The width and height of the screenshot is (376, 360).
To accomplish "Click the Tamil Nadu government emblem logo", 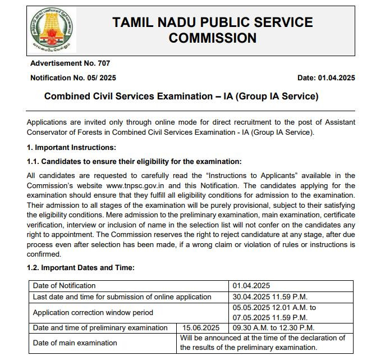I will pyautogui.click(x=52, y=31).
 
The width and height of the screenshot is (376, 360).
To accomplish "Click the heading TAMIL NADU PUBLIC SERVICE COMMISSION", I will pyautogui.click(x=212, y=30).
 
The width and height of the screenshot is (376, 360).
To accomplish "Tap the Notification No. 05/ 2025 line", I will pyautogui.click(x=73, y=78).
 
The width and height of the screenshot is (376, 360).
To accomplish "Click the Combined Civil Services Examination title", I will pyautogui.click(x=181, y=97).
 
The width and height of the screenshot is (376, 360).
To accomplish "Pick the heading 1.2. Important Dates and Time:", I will pyautogui.click(x=80, y=268).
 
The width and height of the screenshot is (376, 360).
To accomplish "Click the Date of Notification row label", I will pyautogui.click(x=64, y=286).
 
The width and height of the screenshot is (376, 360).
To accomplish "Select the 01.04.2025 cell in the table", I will pyautogui.click(x=251, y=286).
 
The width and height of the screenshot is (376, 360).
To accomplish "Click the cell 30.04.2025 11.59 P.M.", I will pyautogui.click(x=270, y=297).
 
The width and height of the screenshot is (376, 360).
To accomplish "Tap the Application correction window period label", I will pyautogui.click(x=93, y=312).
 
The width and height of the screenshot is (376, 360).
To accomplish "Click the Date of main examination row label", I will pyautogui.click(x=75, y=343).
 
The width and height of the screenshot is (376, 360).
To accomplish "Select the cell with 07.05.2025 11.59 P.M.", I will pyautogui.click(x=270, y=317).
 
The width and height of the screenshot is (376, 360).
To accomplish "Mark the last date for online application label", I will pyautogui.click(x=122, y=297).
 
